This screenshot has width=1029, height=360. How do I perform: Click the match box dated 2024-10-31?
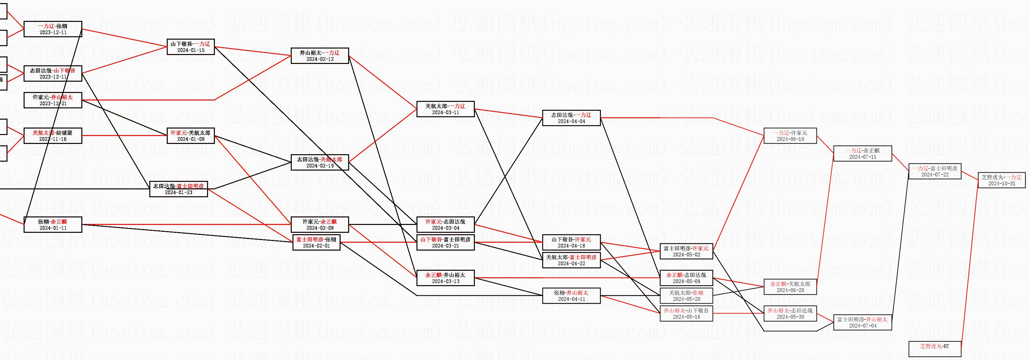(x=1001, y=180)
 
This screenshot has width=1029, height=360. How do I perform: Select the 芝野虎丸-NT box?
(x=934, y=348)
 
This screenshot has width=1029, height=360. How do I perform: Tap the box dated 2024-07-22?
(x=935, y=171)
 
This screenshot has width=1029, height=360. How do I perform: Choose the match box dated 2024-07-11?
(x=862, y=154)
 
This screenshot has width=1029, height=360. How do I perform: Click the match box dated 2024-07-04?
(x=862, y=322)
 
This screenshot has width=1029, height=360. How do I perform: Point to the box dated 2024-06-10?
(x=790, y=136)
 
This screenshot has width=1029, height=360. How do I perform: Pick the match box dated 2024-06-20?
(x=790, y=287)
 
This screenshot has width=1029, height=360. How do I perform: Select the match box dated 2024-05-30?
(x=790, y=314)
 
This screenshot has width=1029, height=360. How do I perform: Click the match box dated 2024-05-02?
(x=686, y=251)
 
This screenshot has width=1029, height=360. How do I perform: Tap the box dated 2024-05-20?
(x=686, y=296)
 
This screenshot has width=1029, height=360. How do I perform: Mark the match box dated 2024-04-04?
(x=571, y=118)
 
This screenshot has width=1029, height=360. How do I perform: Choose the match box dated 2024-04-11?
(x=571, y=296)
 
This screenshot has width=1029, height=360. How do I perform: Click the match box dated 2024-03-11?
(x=445, y=109)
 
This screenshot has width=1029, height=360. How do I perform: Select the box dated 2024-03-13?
(x=445, y=278)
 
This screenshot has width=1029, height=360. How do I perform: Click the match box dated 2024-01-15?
(x=191, y=47)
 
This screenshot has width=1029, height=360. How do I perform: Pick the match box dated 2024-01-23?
(x=179, y=189)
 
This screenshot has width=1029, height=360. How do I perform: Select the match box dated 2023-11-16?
(x=53, y=136)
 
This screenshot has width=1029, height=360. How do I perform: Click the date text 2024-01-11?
(x=53, y=228)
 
